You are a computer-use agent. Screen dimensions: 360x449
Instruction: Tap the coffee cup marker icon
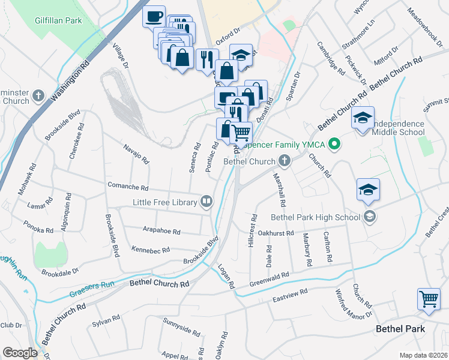(x=154, y=16)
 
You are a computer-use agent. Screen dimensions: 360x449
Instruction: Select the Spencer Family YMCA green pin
(x=336, y=145)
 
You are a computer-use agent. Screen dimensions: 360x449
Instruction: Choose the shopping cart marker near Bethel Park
(x=429, y=298)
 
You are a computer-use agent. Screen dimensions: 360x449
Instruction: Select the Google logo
(x=20, y=353)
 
